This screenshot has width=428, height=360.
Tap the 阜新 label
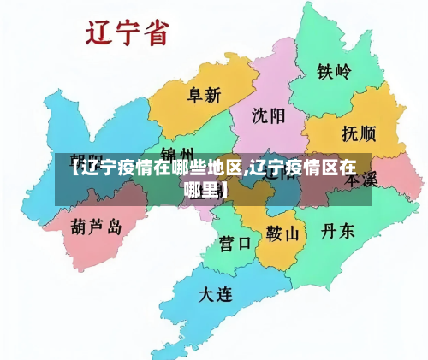click(x=205, y=95)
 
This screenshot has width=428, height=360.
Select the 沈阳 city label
click(x=270, y=115)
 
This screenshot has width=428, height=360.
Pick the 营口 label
click(x=235, y=242)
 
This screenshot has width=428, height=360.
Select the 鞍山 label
click(x=282, y=233)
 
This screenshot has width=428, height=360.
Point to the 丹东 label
click(x=337, y=231)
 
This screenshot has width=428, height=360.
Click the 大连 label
click(x=215, y=296)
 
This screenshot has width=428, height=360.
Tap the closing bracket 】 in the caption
click(x=224, y=188)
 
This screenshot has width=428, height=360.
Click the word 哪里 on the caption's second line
click(x=202, y=188)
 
